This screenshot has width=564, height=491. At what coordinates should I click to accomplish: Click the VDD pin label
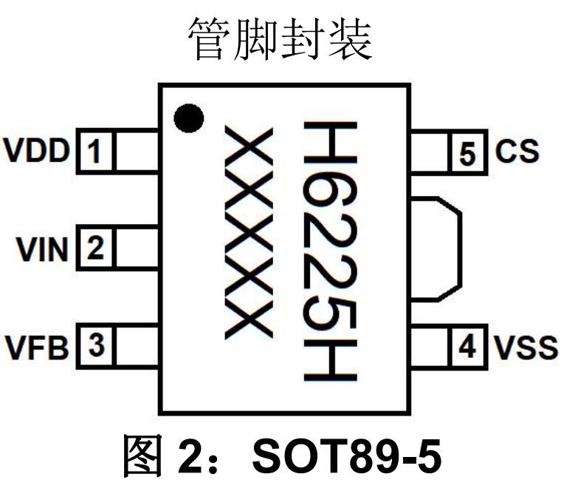[36, 150]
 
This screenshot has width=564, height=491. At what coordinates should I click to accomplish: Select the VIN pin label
[42, 250]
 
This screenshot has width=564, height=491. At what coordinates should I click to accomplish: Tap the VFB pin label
[37, 348]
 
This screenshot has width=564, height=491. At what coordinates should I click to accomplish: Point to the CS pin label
[517, 150]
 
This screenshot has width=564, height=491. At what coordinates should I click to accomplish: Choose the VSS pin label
[526, 348]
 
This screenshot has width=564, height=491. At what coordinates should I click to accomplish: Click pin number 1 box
[96, 152]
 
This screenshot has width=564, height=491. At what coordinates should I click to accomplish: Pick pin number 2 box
[96, 248]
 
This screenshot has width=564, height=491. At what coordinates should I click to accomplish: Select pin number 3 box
[96, 346]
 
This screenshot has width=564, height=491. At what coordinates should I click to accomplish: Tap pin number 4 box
[467, 347]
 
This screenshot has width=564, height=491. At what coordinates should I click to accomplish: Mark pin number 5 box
[467, 152]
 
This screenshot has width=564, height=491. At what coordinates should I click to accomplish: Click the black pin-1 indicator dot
[189, 118]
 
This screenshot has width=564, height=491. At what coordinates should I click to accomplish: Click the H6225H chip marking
[330, 251]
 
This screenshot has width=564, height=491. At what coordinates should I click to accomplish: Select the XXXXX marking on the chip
[249, 233]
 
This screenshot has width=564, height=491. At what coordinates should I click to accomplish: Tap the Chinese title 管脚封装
[281, 40]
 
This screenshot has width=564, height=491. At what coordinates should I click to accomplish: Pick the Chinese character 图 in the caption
[141, 456]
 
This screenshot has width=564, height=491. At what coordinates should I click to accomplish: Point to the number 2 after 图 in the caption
[190, 456]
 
